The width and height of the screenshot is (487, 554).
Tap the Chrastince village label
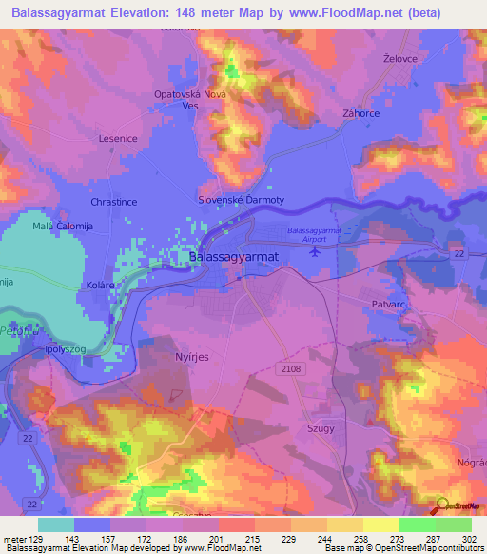point(113,203)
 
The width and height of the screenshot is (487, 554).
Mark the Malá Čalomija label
point(61,225)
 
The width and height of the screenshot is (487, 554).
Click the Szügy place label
point(319,429)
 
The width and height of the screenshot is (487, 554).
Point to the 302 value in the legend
point(469,540)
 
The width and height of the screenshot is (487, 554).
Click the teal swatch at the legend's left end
point(56,524)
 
